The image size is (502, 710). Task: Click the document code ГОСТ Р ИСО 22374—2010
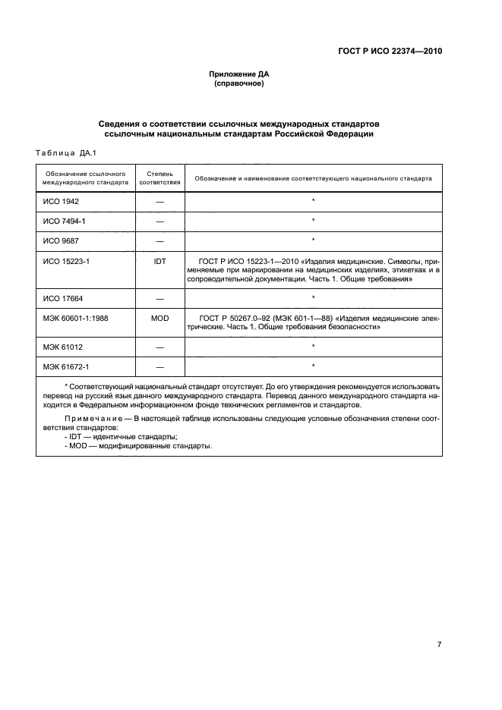pos(390,52)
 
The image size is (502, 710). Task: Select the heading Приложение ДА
pos(239,74)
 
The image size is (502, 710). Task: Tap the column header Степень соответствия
pos(160,178)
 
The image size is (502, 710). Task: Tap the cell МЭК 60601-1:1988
pos(77,317)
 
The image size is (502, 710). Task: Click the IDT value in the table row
pos(160,259)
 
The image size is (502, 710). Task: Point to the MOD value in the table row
pos(160,317)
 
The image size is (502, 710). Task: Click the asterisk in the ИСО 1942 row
pos(313,202)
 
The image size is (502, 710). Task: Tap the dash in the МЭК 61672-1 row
pos(160,366)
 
